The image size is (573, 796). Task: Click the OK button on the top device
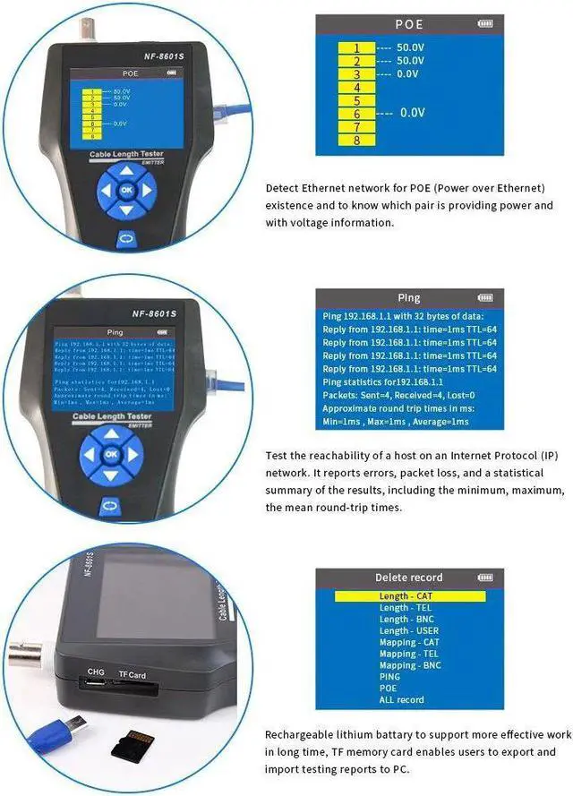pyautogui.click(x=125, y=191)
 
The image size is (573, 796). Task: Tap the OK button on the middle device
pyautogui.click(x=110, y=454)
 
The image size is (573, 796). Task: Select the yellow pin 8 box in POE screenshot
pyautogui.click(x=358, y=140)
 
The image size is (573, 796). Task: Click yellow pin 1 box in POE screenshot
pyautogui.click(x=358, y=47)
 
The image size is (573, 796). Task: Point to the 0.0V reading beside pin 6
pyautogui.click(x=412, y=113)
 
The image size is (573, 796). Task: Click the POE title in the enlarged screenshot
pyautogui.click(x=409, y=24)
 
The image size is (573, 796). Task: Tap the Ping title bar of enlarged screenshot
pyautogui.click(x=408, y=298)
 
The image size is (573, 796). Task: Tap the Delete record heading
pyautogui.click(x=408, y=578)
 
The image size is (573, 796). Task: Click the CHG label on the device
pyautogui.click(x=96, y=671)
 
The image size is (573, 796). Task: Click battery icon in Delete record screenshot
pyautogui.click(x=484, y=578)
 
